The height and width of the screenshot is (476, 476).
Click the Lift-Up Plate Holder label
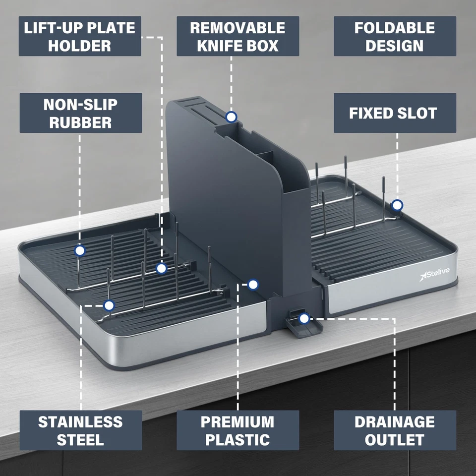click(80, 36)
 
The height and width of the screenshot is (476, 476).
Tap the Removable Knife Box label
click(238, 36)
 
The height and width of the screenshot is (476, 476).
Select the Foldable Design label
click(395, 36)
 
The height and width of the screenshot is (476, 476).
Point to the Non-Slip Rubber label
click(80, 113)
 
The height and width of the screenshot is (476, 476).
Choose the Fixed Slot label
click(395, 113)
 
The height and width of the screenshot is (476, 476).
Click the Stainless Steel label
click(80, 430)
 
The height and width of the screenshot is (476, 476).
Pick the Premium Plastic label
click(238, 430)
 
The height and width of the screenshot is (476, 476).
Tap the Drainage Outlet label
click(395, 430)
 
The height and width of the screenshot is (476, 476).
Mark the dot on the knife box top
click(231, 117)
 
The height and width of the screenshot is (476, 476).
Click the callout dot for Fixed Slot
click(397, 205)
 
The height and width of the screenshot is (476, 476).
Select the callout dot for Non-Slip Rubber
click(80, 251)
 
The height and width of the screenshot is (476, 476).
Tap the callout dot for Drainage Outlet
click(304, 318)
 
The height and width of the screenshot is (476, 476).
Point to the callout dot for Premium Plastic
click(253, 284)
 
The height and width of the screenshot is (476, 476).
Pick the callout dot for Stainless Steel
click(109, 305)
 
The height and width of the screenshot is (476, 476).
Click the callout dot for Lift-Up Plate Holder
click(161, 269)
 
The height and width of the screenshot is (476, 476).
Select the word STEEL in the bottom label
click(80, 440)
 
